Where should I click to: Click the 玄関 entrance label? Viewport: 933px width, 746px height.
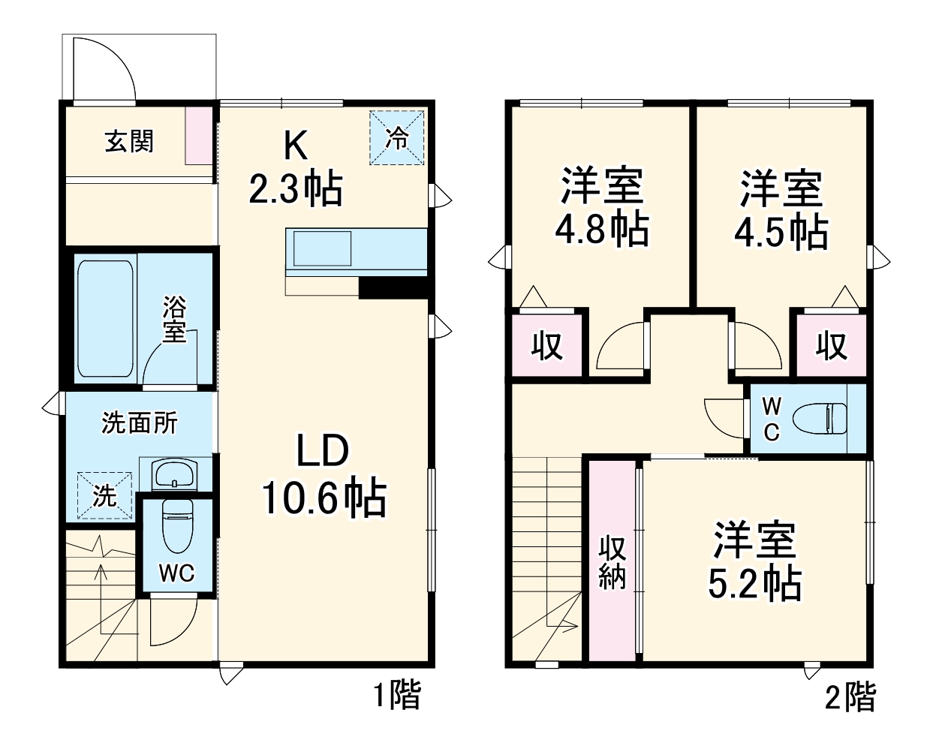coord(129,141)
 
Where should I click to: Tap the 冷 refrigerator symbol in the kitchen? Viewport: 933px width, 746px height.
coord(397,137)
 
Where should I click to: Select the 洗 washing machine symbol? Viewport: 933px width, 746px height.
coord(104,495)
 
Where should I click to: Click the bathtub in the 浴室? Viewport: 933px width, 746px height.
coord(106,320)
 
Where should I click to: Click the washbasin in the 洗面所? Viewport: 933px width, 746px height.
coord(174,475)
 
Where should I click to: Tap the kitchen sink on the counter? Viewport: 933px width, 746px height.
coord(322,248)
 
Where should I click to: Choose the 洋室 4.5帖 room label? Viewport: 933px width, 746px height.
coord(781,209)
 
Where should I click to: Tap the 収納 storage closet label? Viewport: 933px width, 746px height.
coord(612,563)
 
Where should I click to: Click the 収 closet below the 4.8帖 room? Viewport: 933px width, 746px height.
coord(547,345)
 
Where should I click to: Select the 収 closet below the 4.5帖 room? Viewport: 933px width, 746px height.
coord(832,345)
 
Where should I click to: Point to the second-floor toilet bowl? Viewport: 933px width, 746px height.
coord(822,418)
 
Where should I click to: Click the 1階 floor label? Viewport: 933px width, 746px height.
coord(397,696)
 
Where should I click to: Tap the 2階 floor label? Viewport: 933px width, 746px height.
coord(850,697)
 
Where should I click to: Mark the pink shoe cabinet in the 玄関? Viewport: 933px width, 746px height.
coord(199,136)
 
